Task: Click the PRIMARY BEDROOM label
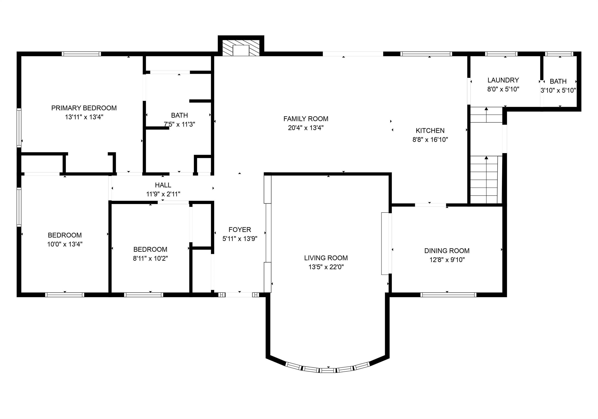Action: coord(84,108)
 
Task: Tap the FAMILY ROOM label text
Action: coord(306,119)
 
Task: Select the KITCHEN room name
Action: coord(430,131)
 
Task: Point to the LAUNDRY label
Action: coord(503,80)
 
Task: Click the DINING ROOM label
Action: coord(447,251)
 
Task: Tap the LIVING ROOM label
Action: coord(326,258)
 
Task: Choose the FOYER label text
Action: coord(240,230)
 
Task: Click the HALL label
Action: coord(163,185)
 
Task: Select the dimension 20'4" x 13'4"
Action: coord(306,128)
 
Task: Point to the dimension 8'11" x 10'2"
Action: coord(150,258)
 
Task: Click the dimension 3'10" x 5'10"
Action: coord(558,90)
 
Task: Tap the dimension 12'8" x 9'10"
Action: coord(447,259)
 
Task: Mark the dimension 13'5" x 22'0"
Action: coord(326,267)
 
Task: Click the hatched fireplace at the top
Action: coord(241,48)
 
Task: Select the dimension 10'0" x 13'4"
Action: coord(65,244)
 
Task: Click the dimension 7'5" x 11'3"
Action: coord(179,124)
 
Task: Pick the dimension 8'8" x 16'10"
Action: coord(430,139)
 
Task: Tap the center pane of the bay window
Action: coord(328,370)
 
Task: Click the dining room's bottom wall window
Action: coord(448,295)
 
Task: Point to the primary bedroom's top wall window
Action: coord(81,54)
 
